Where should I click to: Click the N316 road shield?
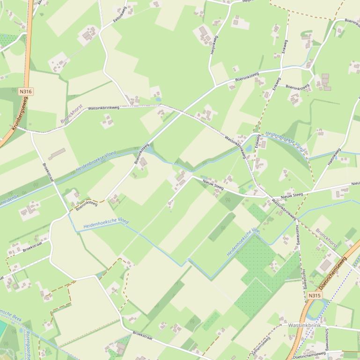26,92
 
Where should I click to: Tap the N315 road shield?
315,295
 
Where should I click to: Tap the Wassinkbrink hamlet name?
304,325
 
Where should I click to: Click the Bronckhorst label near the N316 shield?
71,114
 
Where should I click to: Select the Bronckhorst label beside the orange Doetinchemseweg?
326,238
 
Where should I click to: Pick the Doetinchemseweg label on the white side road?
309,355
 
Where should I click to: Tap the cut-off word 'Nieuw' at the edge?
355,184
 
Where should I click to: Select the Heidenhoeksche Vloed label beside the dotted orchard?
243,242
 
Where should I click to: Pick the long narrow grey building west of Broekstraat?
57,153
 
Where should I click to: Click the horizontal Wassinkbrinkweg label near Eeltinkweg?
103,108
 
